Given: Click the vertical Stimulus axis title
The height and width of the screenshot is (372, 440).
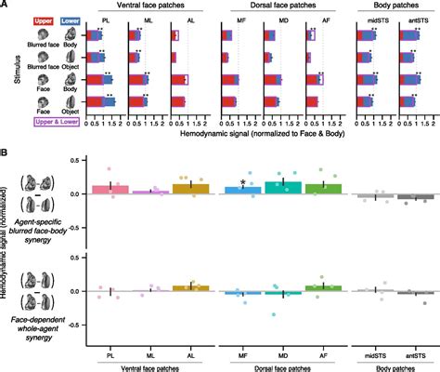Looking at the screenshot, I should coord(6,69).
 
